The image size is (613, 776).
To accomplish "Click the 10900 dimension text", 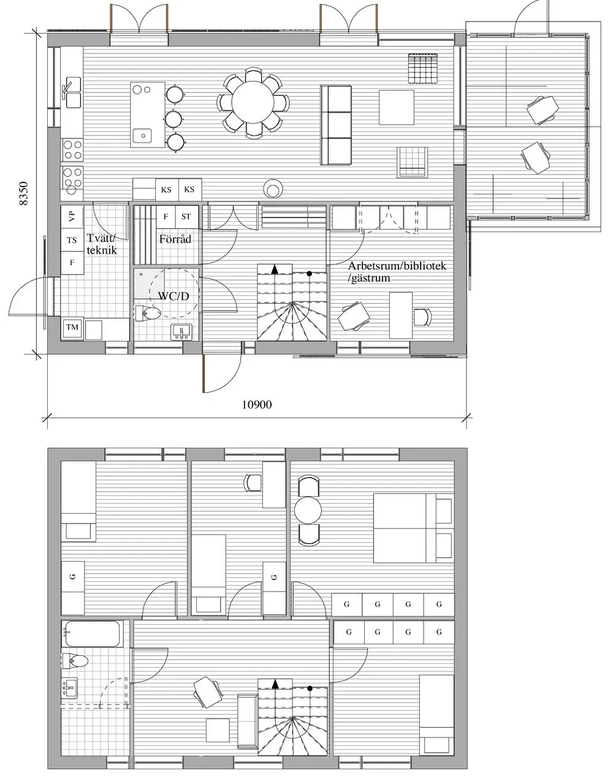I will click(x=256, y=405).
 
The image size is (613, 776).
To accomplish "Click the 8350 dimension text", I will click(x=24, y=195).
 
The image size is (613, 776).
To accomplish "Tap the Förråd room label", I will click(x=175, y=239).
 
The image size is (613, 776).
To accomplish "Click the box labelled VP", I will click(x=72, y=216).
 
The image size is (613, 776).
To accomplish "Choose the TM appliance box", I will click(x=72, y=328).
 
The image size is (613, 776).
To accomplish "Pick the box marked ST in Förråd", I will click(x=186, y=217).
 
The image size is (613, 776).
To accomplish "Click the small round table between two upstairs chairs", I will click(x=308, y=510).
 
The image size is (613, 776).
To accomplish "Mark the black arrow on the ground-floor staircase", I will click(x=275, y=269).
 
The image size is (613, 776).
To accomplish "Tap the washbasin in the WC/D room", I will click(x=183, y=331).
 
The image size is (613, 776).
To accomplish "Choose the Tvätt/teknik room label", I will click(x=101, y=244).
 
